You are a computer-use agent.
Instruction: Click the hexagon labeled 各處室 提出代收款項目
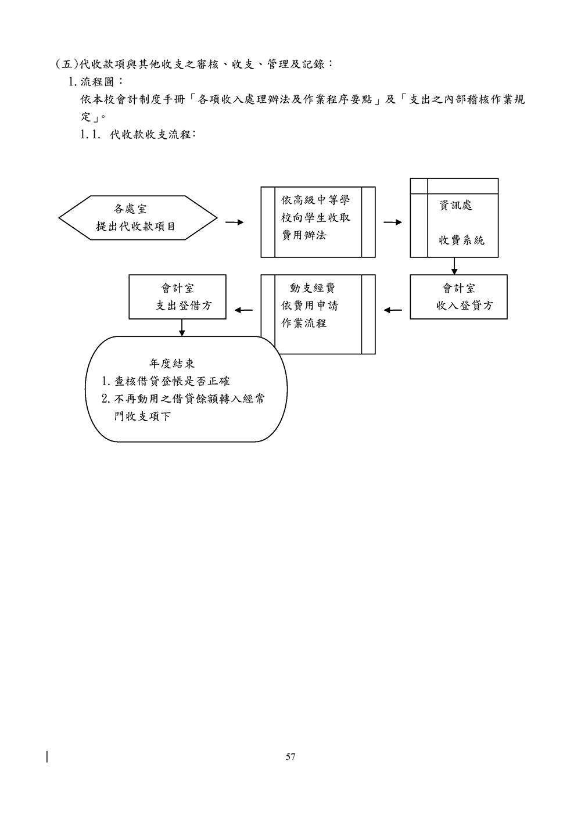tap(138, 218)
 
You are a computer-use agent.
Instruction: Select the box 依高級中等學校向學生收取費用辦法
tap(318, 222)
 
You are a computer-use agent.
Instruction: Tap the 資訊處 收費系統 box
tap(454, 218)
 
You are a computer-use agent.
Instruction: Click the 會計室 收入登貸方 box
tap(458, 297)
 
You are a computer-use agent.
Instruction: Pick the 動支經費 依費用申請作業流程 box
tap(318, 314)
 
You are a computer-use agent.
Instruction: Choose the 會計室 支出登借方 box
tap(177, 297)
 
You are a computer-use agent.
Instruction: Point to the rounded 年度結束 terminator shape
tap(187, 389)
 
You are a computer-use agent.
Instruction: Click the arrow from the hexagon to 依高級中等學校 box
tap(234, 222)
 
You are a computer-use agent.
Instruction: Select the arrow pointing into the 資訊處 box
tap(393, 222)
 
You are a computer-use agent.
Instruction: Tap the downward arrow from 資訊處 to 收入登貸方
tap(454, 266)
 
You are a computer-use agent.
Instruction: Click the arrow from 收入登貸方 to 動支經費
tap(393, 310)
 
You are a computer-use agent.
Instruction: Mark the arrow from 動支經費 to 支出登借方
tap(243, 310)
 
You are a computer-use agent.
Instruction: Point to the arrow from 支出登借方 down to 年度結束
tap(182, 328)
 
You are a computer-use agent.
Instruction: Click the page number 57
tap(290, 757)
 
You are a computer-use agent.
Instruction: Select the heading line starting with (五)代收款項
tap(194, 63)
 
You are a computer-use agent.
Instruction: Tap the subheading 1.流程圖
tap(96, 81)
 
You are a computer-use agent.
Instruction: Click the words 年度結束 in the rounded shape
tap(172, 364)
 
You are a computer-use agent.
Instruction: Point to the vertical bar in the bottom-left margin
tap(46, 756)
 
